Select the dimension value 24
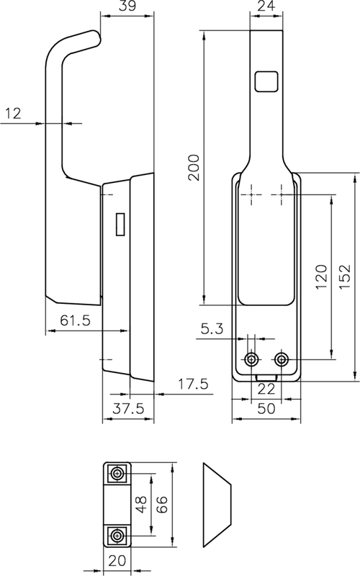266,7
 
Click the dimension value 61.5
69,321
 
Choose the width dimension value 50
266,408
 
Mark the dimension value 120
321,276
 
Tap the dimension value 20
116,560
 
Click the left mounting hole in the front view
252,359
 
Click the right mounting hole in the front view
281,359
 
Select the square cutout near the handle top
266,81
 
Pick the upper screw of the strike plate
116,473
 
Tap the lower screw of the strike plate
116,534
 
